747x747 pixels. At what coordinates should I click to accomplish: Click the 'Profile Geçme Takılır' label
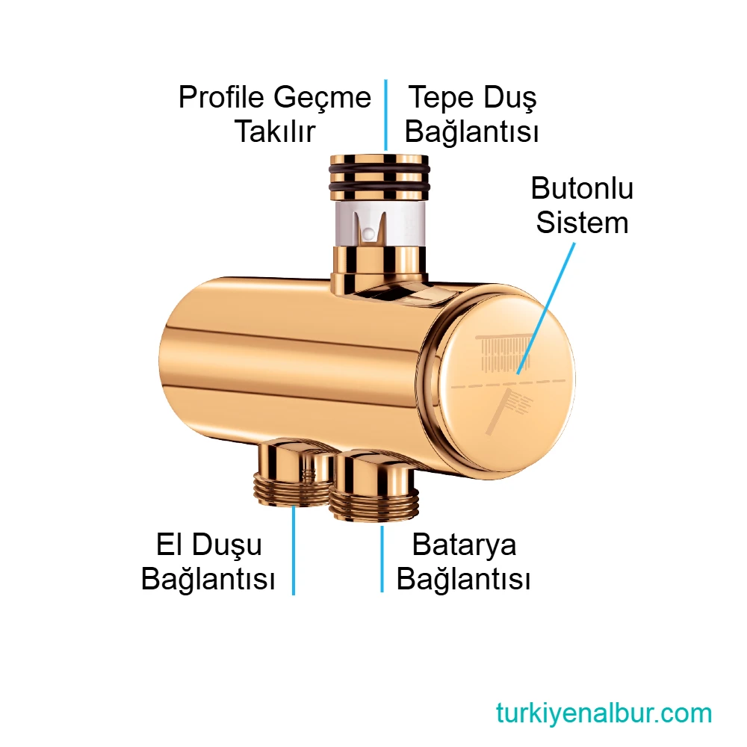coord(274,114)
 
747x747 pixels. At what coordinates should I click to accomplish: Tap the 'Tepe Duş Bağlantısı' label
coord(471,114)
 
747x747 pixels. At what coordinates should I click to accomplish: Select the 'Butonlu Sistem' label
coord(582,205)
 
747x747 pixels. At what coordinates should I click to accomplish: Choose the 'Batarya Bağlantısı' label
coord(464,562)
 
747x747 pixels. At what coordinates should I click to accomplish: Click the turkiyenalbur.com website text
coord(604,713)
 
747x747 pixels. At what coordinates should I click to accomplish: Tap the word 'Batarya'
coord(464,545)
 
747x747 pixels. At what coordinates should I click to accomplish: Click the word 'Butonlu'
coord(582,188)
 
